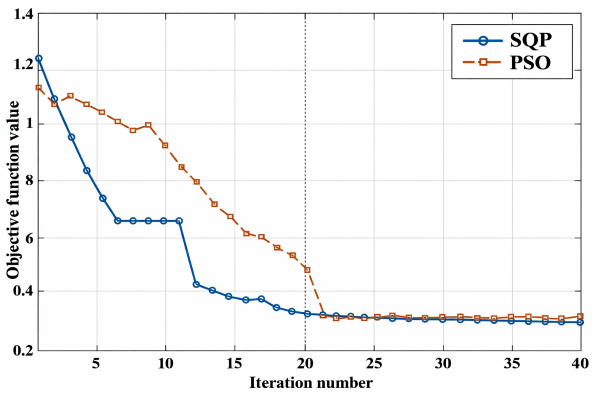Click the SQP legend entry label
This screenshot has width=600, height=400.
click(531, 40)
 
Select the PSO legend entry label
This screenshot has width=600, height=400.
click(530, 62)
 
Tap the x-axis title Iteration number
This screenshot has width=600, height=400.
click(311, 383)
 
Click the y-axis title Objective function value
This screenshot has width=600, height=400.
click(13, 190)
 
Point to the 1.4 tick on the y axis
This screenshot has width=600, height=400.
click(23, 15)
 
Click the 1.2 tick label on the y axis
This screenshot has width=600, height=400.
click(23, 65)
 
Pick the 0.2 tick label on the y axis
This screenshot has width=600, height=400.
click(23, 350)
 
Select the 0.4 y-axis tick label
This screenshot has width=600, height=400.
click(23, 291)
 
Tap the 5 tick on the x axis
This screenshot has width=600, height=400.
click(96, 363)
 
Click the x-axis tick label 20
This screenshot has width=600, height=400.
click(305, 363)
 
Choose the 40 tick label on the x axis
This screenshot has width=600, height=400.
click(580, 363)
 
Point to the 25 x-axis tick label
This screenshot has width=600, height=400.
click(374, 363)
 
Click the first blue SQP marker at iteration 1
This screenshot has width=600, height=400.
click(39, 59)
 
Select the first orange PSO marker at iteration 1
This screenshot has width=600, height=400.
click(39, 88)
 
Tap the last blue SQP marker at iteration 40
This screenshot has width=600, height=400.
click(580, 322)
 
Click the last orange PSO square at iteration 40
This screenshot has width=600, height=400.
click(580, 316)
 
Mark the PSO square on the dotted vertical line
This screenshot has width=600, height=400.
click(307, 270)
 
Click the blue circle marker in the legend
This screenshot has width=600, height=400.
click(483, 41)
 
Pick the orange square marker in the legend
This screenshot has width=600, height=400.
click(483, 62)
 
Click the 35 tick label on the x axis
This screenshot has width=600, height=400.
click(512, 363)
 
